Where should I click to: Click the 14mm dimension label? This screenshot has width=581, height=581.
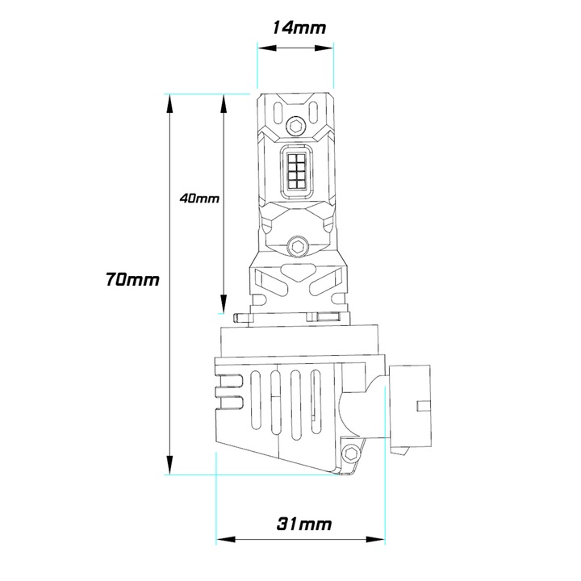tap(299, 27)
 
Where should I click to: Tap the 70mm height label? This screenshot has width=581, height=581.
tap(132, 281)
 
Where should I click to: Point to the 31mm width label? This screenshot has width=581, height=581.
tap(304, 524)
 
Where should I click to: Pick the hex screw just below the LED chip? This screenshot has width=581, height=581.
tap(298, 245)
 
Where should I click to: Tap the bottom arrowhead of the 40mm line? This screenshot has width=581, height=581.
tap(223, 307)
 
